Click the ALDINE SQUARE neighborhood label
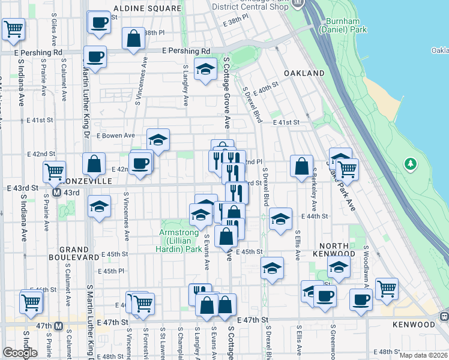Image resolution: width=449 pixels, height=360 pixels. coord(147,9)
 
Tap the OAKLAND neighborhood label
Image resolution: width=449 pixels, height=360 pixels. coord(306,73)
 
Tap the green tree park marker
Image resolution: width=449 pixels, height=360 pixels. coord(411,163)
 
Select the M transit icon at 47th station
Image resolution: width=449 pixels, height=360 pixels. coord(58,326)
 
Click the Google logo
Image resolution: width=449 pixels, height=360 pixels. coord(20,353)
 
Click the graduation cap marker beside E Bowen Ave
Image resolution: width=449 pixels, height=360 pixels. coord(158,140)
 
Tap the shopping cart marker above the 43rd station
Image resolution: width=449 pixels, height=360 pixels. coord(55,172)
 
